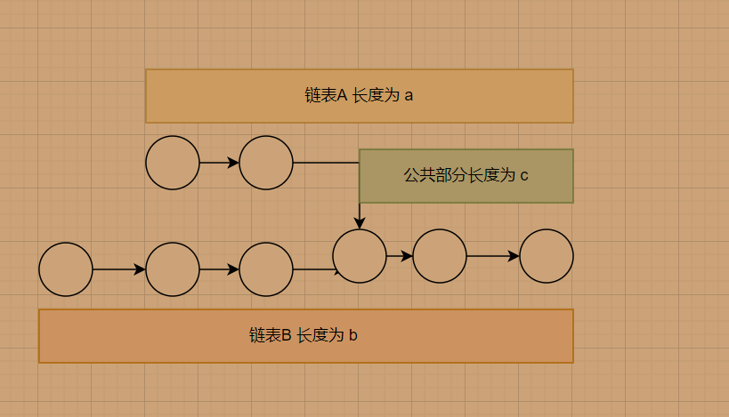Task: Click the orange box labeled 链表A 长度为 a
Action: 359,95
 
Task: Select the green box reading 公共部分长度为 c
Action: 466,176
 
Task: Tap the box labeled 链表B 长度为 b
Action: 305,335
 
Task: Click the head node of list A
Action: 173,163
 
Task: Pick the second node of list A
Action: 266,163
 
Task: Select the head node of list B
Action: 66,269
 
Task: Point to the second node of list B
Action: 173,269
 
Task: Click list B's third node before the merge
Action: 266,269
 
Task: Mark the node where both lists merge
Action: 360,256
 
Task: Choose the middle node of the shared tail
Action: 440,256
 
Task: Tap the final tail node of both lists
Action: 547,256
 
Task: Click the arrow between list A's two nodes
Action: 219,163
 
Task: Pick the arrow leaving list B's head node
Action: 119,269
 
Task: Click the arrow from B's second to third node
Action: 219,269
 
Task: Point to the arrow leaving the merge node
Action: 400,256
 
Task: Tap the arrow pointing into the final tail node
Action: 493,256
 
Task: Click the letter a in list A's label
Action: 409,96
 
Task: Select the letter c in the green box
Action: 524,176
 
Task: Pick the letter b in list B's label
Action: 353,335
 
